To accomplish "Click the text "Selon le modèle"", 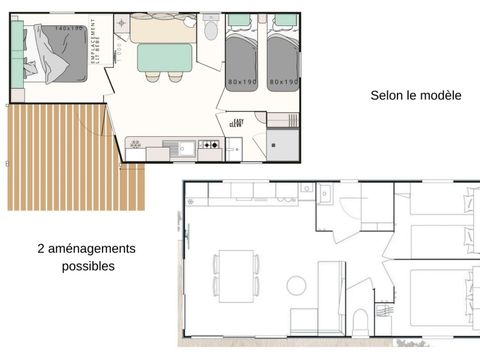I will tap(415, 96).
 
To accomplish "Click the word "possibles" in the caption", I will tap(88, 266).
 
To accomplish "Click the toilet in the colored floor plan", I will tap(210, 31).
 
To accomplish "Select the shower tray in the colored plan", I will tap(282, 146).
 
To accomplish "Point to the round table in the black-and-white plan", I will tap(296, 285).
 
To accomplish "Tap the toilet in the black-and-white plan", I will tap(362, 322).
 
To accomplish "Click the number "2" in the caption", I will tap(41, 248).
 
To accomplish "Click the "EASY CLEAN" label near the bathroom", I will tap(236, 123).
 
